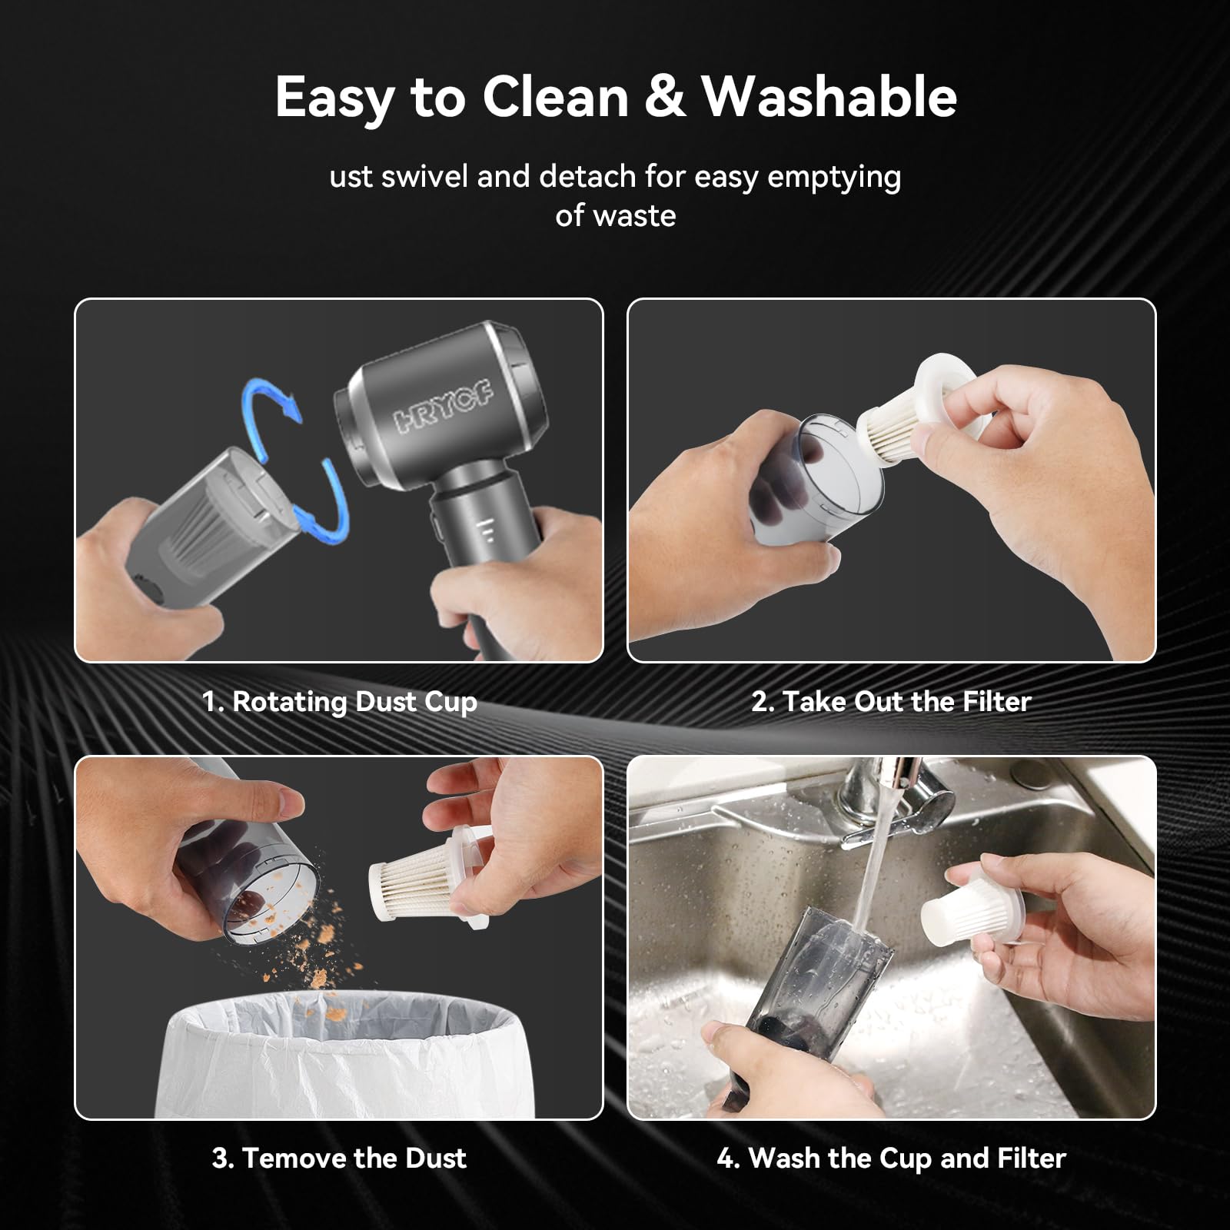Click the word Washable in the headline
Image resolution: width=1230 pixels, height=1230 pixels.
tap(829, 97)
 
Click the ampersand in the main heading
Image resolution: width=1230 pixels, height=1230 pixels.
tap(665, 98)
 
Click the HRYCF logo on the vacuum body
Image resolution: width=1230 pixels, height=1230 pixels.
tap(445, 407)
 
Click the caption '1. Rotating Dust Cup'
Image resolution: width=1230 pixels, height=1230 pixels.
tap(340, 702)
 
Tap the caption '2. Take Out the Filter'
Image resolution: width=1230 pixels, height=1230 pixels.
tap(891, 701)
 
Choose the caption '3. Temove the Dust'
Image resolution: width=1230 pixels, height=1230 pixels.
tap(339, 1158)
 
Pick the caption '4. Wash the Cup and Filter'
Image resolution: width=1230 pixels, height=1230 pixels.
tap(891, 1158)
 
